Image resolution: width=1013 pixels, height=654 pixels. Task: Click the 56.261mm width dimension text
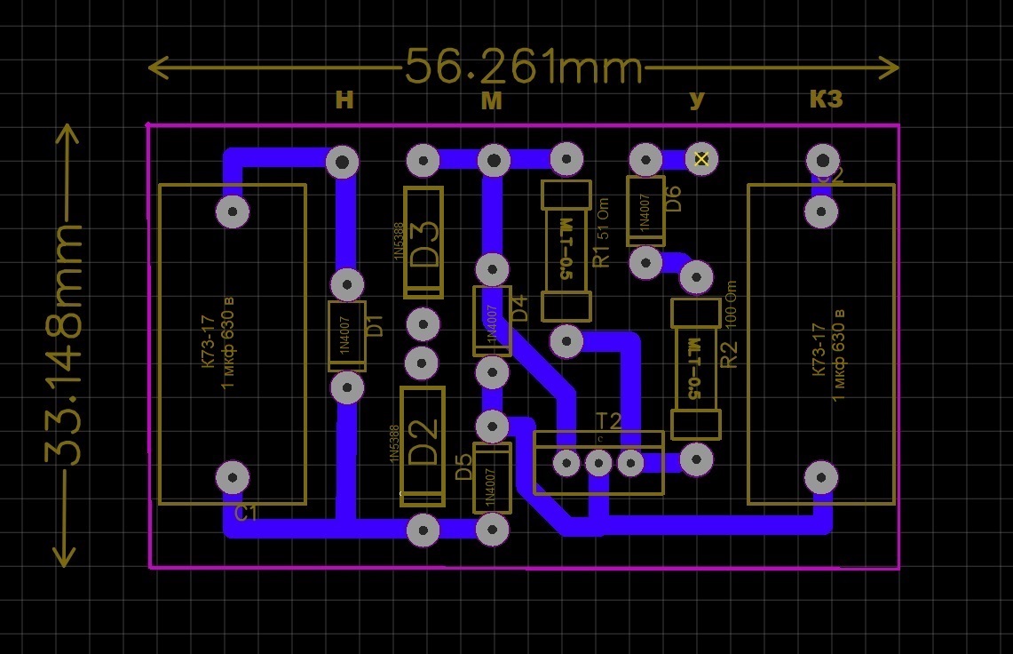pyautogui.click(x=523, y=67)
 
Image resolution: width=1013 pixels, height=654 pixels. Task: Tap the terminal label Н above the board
pyautogui.click(x=344, y=100)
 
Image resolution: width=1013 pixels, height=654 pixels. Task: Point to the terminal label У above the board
pyautogui.click(x=697, y=100)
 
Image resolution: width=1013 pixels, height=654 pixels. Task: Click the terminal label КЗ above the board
pyautogui.click(x=826, y=100)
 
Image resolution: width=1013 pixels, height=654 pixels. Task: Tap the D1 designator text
pyautogui.click(x=375, y=325)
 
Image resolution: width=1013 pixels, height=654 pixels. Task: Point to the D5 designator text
pyautogui.click(x=463, y=467)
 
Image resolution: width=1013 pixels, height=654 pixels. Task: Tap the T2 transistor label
pyautogui.click(x=609, y=421)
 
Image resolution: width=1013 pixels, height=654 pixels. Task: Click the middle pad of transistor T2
pyautogui.click(x=598, y=463)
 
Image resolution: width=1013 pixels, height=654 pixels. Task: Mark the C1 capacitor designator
pyautogui.click(x=246, y=514)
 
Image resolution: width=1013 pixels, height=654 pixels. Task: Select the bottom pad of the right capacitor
pyautogui.click(x=820, y=477)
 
